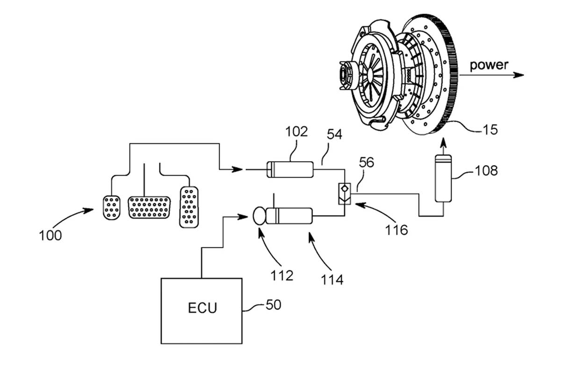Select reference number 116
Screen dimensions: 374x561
[397, 230]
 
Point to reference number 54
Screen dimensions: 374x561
[334, 135]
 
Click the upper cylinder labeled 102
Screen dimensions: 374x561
[289, 169]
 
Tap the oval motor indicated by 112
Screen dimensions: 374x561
[259, 216]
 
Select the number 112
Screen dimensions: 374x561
[282, 275]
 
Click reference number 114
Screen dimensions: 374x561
[333, 279]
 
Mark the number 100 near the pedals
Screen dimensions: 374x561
[50, 235]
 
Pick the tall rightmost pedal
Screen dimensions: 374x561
[188, 207]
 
